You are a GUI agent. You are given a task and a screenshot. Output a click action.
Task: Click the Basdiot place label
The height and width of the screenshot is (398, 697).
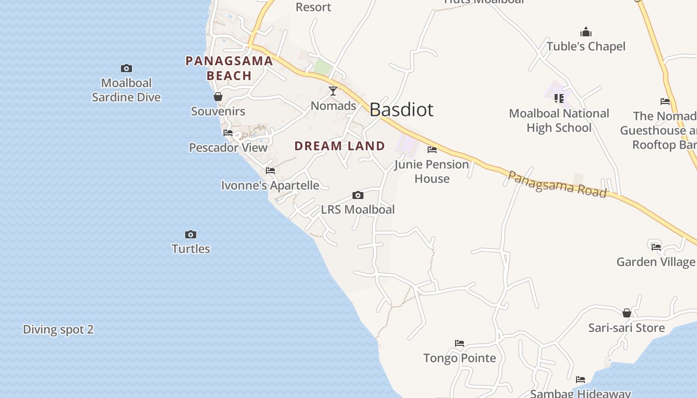coord(401,109)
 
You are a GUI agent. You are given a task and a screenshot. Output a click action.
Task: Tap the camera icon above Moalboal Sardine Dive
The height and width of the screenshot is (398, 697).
coord(126,68)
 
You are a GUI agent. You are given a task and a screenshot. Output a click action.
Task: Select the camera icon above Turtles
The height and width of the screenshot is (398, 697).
coord(191,234)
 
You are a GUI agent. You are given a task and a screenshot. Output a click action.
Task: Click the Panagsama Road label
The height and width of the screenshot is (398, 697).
coord(557,184)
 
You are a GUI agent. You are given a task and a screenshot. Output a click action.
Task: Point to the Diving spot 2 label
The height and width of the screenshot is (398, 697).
coord(58,329)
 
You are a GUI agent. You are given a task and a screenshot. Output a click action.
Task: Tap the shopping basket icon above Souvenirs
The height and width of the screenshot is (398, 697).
coord(218,97)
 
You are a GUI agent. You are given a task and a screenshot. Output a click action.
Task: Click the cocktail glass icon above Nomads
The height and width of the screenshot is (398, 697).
coord(333,91)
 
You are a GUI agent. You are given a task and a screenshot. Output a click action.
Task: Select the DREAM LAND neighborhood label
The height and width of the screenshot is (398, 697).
coord(340,146)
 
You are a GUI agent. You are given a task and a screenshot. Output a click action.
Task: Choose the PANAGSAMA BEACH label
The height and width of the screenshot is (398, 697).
coord(229,68)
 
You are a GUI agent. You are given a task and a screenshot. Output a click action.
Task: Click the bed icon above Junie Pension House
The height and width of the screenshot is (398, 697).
coord(432,149)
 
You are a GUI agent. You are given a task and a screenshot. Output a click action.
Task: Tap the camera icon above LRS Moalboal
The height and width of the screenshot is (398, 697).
coord(357,195)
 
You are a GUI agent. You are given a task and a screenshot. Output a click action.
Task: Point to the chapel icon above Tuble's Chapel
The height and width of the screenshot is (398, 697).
coord(586,32)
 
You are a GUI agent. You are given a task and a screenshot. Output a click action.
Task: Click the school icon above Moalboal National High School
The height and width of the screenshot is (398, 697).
coord(559,99)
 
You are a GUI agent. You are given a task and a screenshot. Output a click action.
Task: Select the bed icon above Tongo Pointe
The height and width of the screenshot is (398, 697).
coord(460,343)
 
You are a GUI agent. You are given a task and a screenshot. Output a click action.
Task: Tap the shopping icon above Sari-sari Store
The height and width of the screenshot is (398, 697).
coord(627,313)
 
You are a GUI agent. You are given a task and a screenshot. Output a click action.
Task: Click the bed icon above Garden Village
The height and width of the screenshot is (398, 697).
coord(656,246)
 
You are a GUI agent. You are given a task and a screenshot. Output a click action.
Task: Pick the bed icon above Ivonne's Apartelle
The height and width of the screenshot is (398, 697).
coord(270,170)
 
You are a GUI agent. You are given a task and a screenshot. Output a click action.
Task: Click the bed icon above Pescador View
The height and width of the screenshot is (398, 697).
coord(228,133)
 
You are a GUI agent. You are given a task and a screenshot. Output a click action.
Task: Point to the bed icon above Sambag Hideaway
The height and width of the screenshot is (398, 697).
coord(581,380)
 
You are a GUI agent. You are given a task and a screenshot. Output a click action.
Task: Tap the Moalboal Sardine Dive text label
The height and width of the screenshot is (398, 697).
coord(126,90)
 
